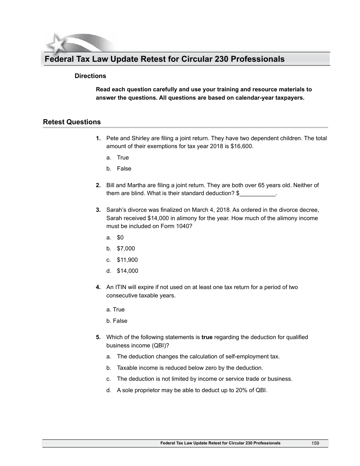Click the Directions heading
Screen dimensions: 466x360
point(90,76)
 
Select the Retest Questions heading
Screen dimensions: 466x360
point(72,122)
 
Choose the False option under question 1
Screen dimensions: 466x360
point(124,169)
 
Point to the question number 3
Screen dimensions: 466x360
point(98,210)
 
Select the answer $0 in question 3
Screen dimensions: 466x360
point(120,238)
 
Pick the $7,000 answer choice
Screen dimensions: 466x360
point(126,249)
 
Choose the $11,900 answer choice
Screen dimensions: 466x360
point(127,260)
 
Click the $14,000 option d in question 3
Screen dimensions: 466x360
point(127,271)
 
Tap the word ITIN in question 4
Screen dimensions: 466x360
point(121,287)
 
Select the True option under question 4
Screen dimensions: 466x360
point(116,310)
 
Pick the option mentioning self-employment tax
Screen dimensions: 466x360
point(198,357)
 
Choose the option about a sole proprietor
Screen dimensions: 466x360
point(192,390)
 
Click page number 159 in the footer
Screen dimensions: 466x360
point(315,443)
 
